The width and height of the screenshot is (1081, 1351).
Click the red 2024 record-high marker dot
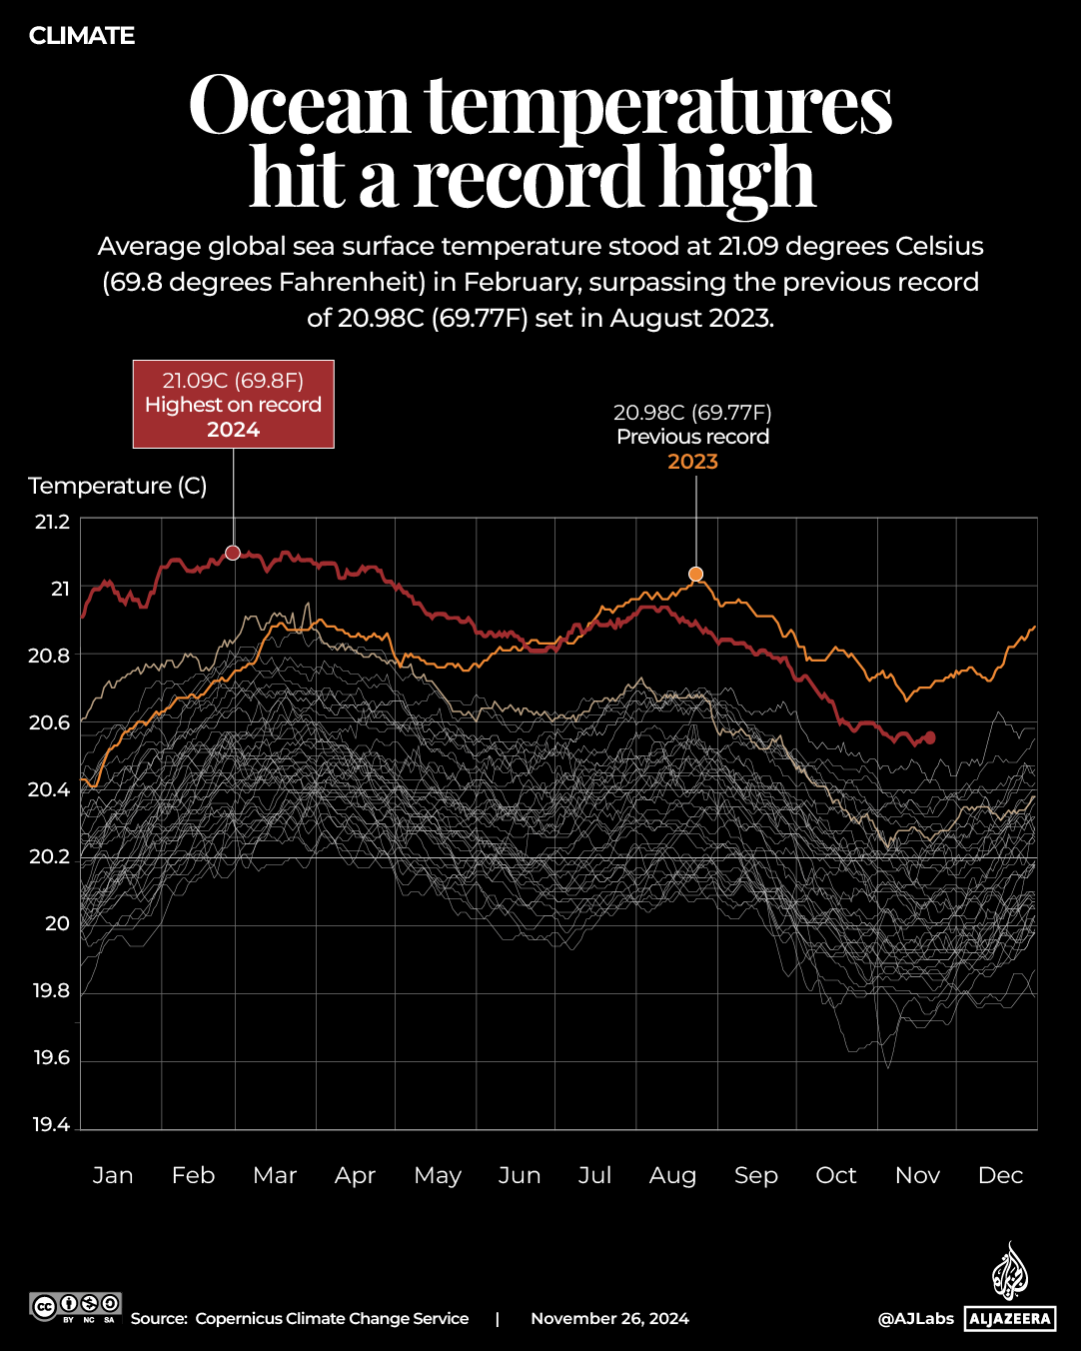[x=233, y=553]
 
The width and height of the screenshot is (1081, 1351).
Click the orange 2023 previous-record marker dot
[x=695, y=574]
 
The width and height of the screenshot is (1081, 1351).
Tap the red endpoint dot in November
[x=930, y=737]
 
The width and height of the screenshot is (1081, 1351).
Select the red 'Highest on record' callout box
[x=234, y=405]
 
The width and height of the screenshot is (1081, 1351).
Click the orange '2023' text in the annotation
[x=692, y=462]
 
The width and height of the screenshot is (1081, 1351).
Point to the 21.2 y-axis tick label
[x=52, y=522]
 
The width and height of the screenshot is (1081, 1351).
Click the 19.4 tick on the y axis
[x=52, y=1125]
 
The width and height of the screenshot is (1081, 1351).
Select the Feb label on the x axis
[x=193, y=1175]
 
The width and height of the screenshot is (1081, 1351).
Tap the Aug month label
[x=672, y=1175]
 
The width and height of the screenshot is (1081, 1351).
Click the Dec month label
[x=1000, y=1175]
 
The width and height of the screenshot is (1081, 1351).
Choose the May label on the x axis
[x=438, y=1175]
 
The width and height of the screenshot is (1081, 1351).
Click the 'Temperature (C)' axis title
[x=118, y=486]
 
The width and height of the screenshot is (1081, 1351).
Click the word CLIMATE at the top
[x=82, y=36]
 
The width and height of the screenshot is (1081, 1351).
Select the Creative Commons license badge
[x=76, y=1307]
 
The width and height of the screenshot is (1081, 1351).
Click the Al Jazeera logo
[x=1010, y=1289]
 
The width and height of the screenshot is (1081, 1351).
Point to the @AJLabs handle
[x=916, y=1319]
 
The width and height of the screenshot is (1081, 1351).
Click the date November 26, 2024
[x=609, y=1319]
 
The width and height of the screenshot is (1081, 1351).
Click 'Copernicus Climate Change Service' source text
[x=332, y=1319]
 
